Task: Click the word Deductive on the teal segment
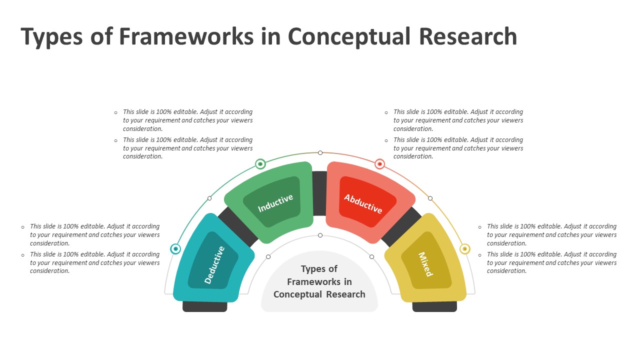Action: coord(215,265)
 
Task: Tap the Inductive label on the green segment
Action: coord(275,203)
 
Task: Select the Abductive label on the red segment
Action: coord(363,203)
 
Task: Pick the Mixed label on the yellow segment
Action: coord(425,264)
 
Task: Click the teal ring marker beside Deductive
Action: coord(175,248)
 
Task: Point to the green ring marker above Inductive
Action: coord(260,163)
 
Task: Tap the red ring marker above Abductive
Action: coord(380,163)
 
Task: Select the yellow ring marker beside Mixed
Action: coord(464,248)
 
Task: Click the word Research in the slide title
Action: coord(467,36)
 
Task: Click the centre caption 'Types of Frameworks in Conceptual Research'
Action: coord(319,282)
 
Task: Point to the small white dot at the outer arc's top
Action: coord(320,152)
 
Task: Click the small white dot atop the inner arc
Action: coord(320,235)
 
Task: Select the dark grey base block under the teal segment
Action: coord(205,307)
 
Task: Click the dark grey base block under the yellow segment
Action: coord(434,307)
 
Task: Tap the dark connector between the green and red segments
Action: coord(319,192)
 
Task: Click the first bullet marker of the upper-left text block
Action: coord(116,112)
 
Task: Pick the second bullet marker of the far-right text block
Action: coord(480,255)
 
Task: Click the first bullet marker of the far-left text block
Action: coord(23,227)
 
